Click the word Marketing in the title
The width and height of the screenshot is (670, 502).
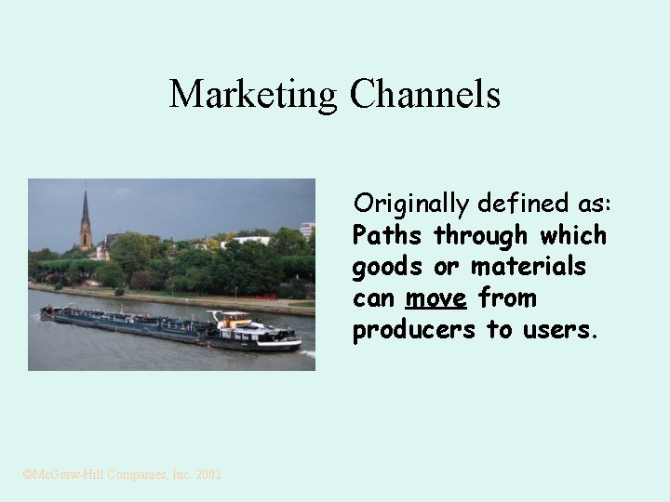[253, 94]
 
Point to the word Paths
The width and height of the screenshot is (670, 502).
[388, 235]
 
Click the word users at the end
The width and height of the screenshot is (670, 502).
[560, 331]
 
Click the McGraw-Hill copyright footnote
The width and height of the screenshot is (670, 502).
[122, 474]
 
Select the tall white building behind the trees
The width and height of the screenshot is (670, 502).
[307, 229]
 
